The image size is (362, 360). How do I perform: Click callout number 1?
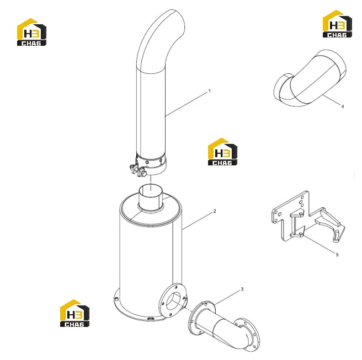click(x=209, y=91)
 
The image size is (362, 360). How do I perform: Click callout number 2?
click(x=215, y=211)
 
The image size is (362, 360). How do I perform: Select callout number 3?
click(x=242, y=289)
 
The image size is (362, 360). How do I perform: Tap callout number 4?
click(x=343, y=106)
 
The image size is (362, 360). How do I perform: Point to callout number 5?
click(x=337, y=255)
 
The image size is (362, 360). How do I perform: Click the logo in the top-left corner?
click(x=31, y=32)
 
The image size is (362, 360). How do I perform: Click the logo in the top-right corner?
click(x=337, y=24)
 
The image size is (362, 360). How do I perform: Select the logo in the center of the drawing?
click(x=222, y=152)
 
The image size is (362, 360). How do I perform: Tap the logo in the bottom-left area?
click(x=74, y=313)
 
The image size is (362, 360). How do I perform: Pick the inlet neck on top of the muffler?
click(x=150, y=198)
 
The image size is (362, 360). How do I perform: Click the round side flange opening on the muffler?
click(x=174, y=300)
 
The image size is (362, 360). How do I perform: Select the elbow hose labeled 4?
click(x=310, y=79)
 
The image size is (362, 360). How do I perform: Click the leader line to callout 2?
click(x=198, y=221)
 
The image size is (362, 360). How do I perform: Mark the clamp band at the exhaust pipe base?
click(x=151, y=165)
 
